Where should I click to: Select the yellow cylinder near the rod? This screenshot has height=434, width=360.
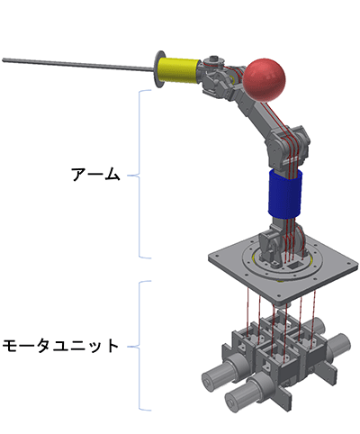(x=180, y=69)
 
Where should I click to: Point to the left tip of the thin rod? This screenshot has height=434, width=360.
(x=4, y=60)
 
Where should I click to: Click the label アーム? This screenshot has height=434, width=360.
(x=95, y=174)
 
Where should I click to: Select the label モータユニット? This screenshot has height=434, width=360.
(x=60, y=345)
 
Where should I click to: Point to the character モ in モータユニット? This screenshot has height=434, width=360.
(x=10, y=345)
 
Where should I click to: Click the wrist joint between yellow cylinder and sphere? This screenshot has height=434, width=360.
(x=216, y=76)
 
